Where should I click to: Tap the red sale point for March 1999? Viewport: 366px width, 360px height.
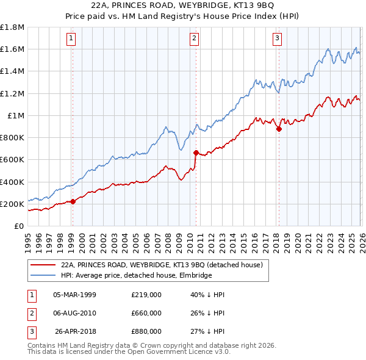pos(73,201)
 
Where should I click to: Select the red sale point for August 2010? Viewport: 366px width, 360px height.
pos(196,153)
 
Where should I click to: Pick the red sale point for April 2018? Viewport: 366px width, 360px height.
pos(279,128)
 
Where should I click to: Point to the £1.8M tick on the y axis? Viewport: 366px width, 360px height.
pos(12,27)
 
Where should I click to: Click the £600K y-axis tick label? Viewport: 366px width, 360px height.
pos(12,159)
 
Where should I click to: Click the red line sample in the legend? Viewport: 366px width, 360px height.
pos(43,265)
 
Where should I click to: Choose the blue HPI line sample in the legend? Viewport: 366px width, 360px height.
pos(43,275)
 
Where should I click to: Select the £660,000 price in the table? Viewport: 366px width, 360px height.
pos(146,313)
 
